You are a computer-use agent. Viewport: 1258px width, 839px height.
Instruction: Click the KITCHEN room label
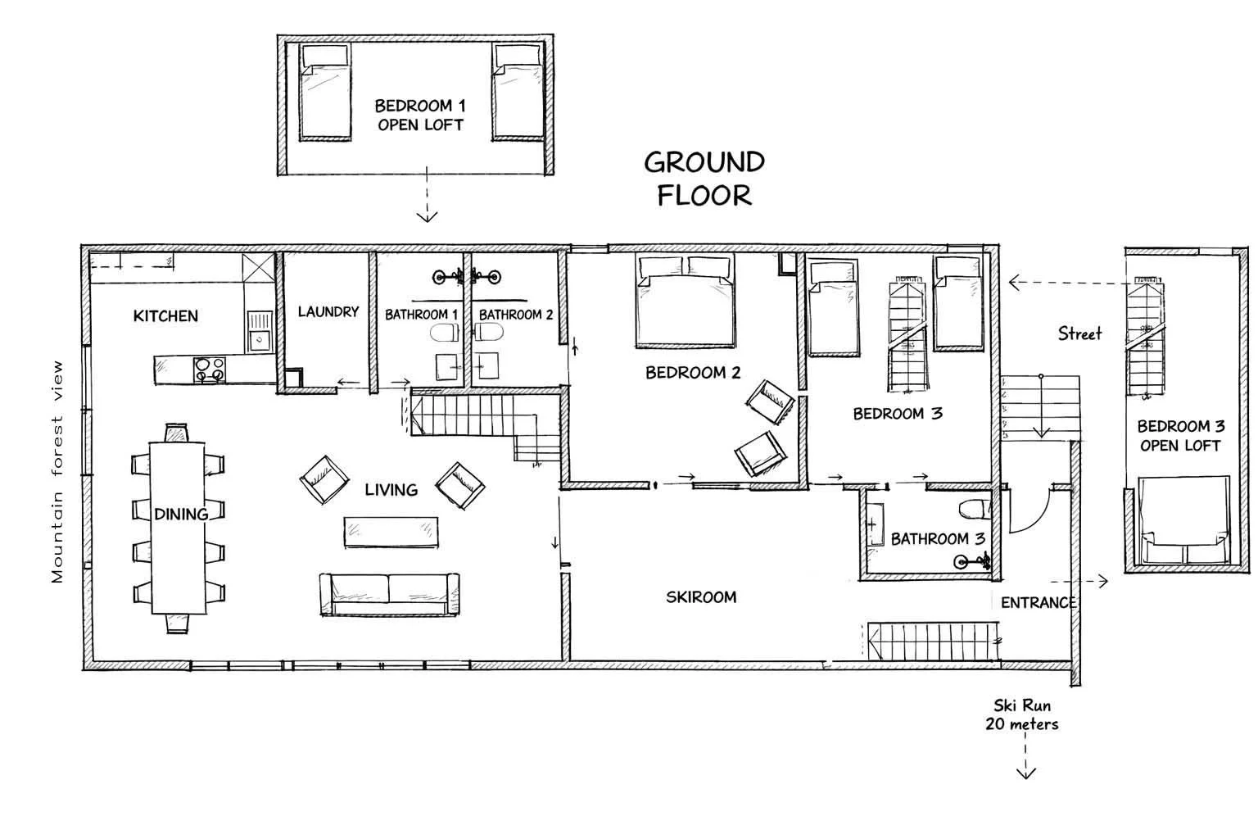pyautogui.click(x=165, y=315)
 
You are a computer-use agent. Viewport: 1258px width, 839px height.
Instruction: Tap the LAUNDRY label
pyautogui.click(x=328, y=312)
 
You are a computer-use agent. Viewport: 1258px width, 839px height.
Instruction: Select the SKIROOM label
pyautogui.click(x=701, y=596)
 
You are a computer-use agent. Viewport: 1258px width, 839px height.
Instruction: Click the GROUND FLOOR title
pyautogui.click(x=704, y=179)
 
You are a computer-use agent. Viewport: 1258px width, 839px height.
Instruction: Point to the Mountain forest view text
pyautogui.click(x=57, y=471)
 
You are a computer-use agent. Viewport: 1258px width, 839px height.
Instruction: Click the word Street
pyautogui.click(x=1079, y=333)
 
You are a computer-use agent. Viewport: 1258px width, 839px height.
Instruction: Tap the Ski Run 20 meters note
pyautogui.click(x=1021, y=714)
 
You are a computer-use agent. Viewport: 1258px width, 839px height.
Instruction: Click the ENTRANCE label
pyautogui.click(x=1038, y=603)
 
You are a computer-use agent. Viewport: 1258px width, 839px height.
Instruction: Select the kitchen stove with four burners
pyautogui.click(x=210, y=370)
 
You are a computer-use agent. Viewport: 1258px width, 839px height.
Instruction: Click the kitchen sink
pyautogui.click(x=260, y=332)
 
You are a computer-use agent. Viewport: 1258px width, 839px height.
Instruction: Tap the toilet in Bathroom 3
pyautogui.click(x=975, y=510)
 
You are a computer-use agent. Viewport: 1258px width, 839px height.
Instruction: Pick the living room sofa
pyautogui.click(x=390, y=595)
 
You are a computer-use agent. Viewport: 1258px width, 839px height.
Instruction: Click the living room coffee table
pyautogui.click(x=391, y=532)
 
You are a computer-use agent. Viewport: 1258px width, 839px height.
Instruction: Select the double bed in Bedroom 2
pyautogui.click(x=686, y=302)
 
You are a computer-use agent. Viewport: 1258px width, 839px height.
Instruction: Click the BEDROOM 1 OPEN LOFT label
pyautogui.click(x=420, y=116)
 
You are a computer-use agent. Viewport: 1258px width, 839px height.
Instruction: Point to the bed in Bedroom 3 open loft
pyautogui.click(x=1183, y=520)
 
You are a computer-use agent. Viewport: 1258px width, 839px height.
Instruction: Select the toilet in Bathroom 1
pyautogui.click(x=445, y=333)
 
